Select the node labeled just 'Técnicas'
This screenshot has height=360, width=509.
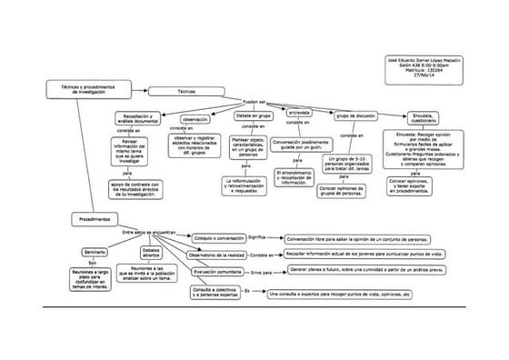[x=185, y=93]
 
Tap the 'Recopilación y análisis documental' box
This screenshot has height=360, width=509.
[x=138, y=119]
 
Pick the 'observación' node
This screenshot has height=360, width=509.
[x=196, y=118]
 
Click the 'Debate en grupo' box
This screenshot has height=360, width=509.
[x=254, y=117]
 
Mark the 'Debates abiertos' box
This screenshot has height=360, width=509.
[x=151, y=252]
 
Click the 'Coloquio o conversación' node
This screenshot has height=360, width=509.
[x=215, y=237]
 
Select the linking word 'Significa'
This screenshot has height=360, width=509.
[x=258, y=237]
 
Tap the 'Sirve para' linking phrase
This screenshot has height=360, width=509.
[x=262, y=272]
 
